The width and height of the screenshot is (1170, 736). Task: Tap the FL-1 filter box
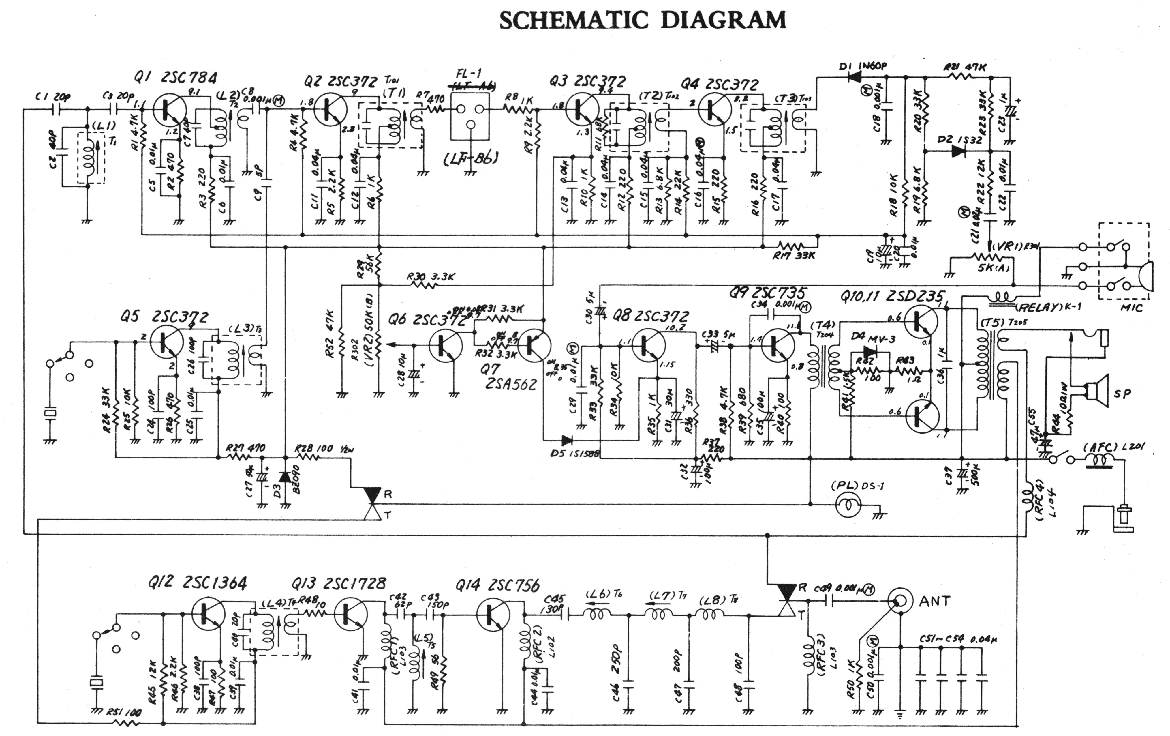(469, 115)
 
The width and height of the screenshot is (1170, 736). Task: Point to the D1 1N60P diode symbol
(854, 76)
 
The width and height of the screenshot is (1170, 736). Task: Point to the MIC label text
(1131, 308)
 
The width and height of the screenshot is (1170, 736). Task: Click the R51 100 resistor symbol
(125, 723)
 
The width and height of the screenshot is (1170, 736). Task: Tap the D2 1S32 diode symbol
(958, 151)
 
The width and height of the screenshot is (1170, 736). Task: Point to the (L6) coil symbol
(597, 615)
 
